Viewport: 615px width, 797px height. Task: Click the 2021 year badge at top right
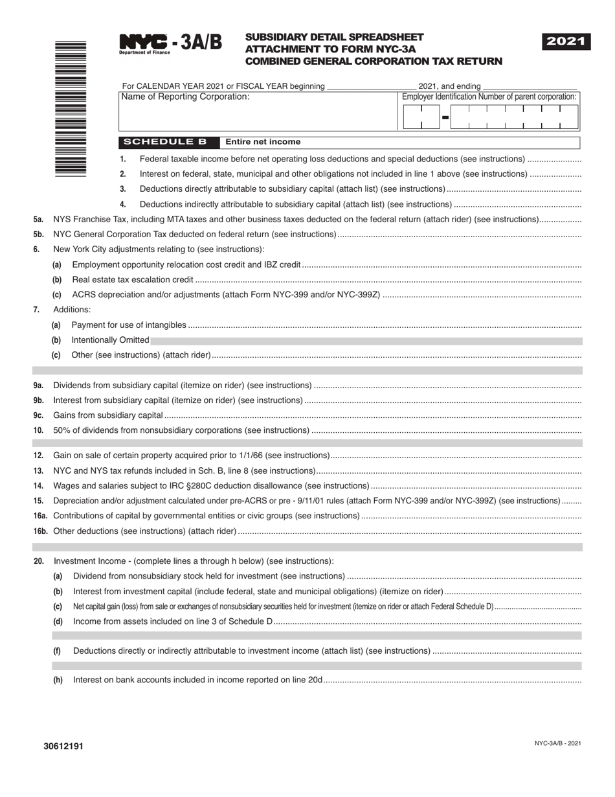tap(566, 42)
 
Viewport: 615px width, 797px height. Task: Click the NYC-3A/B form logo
tap(170, 43)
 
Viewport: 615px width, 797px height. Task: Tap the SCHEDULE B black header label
tap(165, 142)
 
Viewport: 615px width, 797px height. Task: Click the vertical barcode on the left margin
tap(71, 109)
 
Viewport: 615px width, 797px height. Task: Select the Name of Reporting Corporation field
tap(257, 111)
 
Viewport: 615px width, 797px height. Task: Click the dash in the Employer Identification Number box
tap(445, 117)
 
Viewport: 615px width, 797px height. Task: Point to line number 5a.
tap(38, 220)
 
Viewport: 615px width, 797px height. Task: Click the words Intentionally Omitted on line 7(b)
tap(110, 340)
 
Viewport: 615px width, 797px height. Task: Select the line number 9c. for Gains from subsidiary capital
tap(39, 415)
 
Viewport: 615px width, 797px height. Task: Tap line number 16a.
tap(40, 516)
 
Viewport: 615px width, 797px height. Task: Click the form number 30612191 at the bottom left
tap(63, 746)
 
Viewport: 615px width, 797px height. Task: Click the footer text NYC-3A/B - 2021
tap(557, 743)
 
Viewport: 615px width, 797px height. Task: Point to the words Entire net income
tap(263, 142)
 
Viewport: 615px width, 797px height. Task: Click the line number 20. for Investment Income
tap(39, 561)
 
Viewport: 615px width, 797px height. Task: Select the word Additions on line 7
tap(72, 310)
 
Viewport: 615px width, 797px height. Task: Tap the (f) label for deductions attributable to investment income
tap(58, 651)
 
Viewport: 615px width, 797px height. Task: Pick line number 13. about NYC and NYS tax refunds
tap(39, 471)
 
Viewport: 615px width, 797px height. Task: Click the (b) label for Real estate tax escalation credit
tap(57, 280)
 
